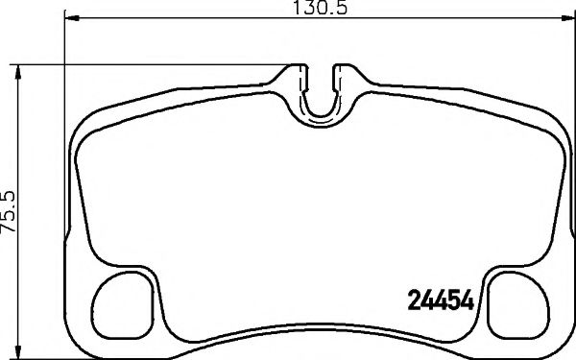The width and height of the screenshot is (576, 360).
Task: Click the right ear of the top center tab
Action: (341, 73)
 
